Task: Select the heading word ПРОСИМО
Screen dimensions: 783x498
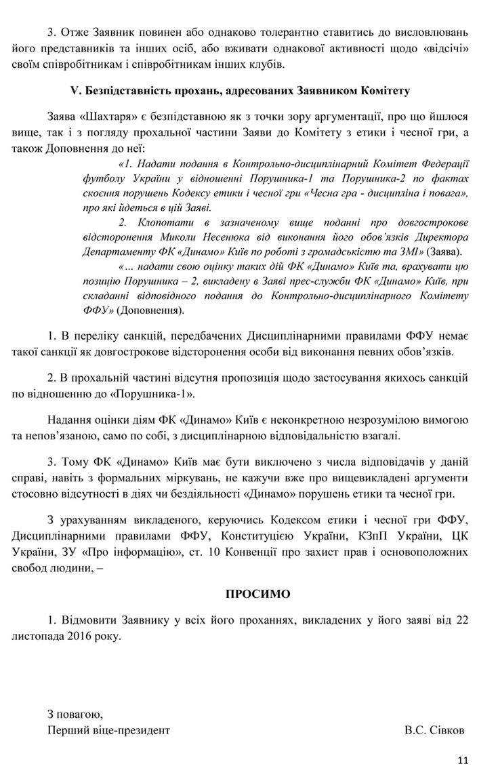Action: coord(257,594)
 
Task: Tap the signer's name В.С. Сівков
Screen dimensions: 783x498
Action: coord(435,731)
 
